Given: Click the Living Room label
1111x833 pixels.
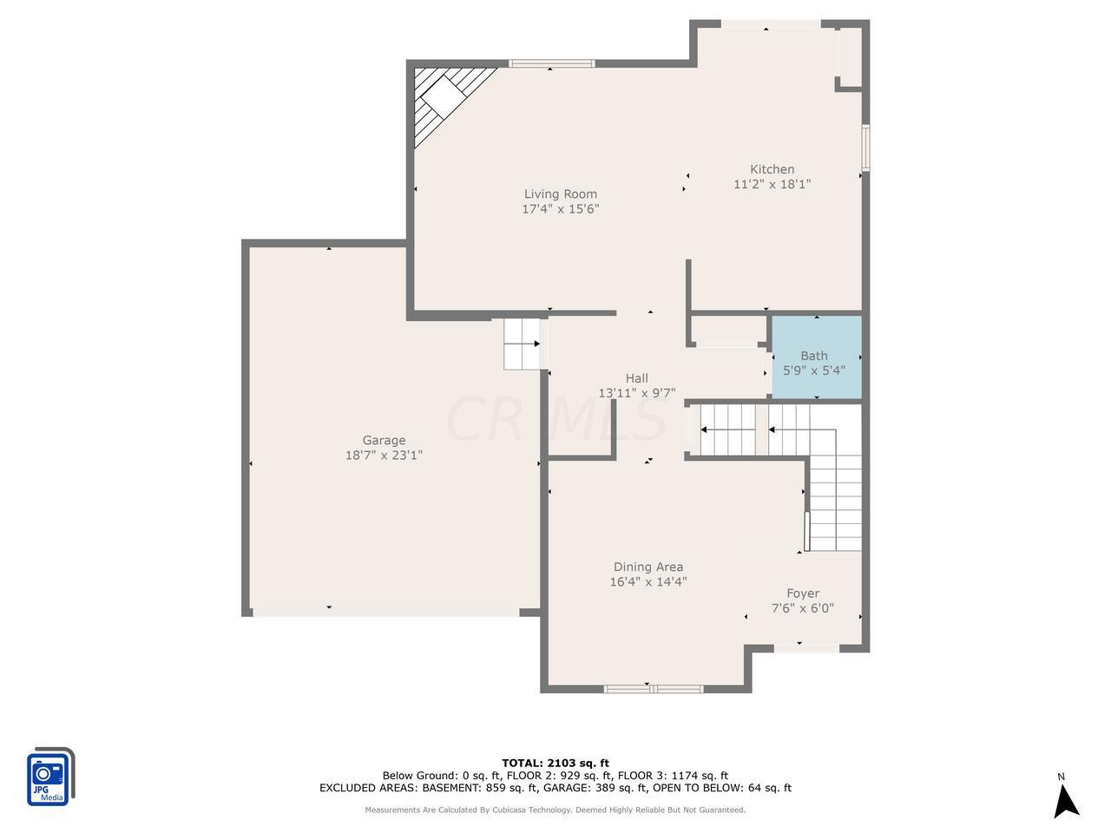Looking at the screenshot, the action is coord(561,193).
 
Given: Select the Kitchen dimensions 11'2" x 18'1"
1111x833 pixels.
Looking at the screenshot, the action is coord(772,184).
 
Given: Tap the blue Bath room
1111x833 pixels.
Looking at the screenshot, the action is coord(817,357).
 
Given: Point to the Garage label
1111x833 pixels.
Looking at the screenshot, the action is coord(384,440).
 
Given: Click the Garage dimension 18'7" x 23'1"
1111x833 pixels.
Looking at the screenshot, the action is coord(384,456).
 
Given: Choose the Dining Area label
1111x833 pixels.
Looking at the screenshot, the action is coord(648,567).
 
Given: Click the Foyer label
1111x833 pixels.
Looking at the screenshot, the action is coord(803,594).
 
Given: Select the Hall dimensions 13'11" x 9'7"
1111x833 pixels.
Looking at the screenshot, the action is coord(637,393).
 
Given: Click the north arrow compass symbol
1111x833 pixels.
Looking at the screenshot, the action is coord(1066,801).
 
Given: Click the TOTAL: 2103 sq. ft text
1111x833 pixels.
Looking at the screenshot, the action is coord(555,763).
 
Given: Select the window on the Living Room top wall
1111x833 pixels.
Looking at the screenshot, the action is coord(552,63).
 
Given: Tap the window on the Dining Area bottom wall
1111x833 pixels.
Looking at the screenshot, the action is coord(654,688).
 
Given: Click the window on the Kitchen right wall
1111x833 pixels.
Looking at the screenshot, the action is coord(865,148).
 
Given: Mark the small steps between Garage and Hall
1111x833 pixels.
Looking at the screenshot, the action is coord(522,344).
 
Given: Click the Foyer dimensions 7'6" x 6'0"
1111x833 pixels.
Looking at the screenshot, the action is coord(803,608).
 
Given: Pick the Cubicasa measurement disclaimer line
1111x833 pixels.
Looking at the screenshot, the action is coord(555,810).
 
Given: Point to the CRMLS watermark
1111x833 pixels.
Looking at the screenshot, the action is coord(555,419).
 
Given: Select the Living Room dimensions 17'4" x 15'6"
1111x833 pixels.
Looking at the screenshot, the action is coord(561,209).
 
